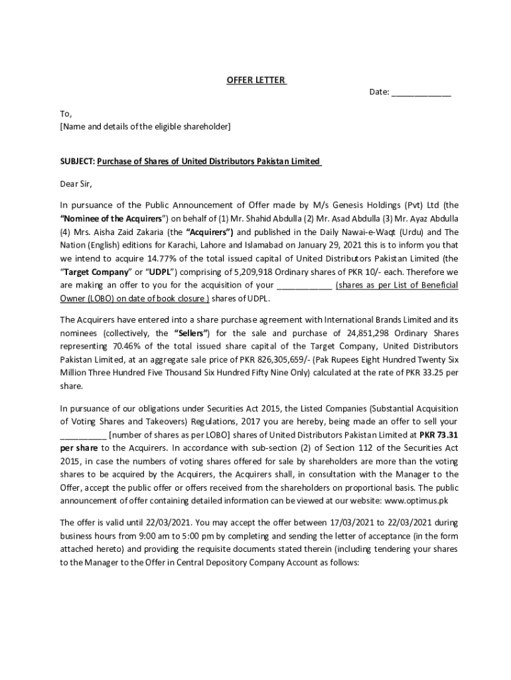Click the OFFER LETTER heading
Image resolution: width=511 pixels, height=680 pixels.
click(256, 80)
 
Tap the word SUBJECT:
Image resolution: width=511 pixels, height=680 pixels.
click(78, 161)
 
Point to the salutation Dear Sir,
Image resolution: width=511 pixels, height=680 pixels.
click(76, 183)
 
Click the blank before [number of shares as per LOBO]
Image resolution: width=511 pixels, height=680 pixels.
click(83, 435)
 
